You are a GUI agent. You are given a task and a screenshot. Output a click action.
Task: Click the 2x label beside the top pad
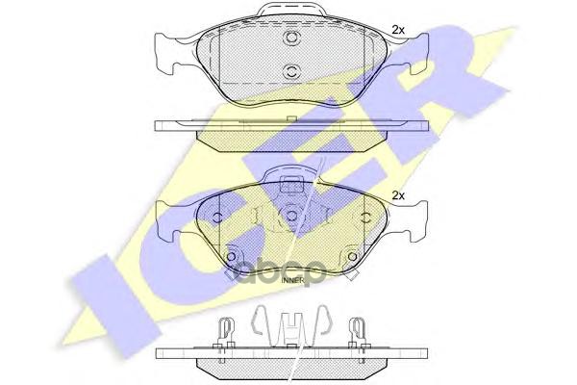click(399, 30)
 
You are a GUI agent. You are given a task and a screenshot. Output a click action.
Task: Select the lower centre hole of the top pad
click(290, 70)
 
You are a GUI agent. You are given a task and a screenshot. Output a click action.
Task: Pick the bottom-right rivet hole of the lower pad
click(353, 258)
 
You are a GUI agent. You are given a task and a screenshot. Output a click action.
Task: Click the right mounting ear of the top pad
click(415, 52)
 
